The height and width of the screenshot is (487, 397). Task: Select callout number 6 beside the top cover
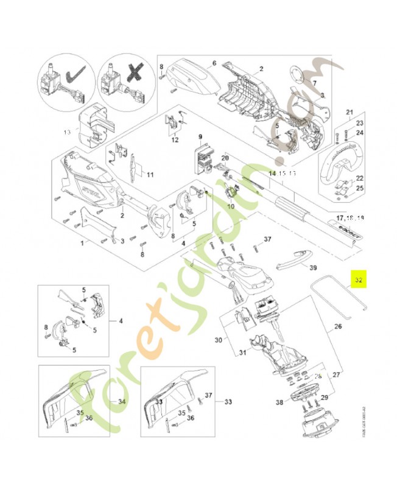pos(214,63)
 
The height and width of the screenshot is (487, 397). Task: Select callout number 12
pos(175,140)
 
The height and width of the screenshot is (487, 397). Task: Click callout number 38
pos(279,402)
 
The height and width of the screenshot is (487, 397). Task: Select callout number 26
pos(337,326)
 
